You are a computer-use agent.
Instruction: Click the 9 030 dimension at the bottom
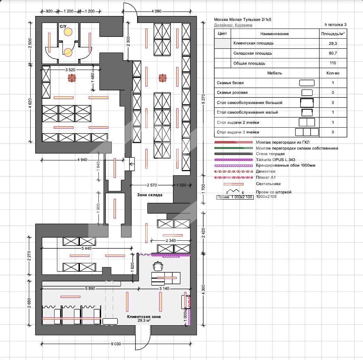[x=116, y=344]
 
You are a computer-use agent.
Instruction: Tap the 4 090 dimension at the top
[x=157, y=11]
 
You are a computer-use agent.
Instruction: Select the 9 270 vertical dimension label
[x=203, y=99]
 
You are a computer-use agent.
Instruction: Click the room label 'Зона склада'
[x=150, y=195]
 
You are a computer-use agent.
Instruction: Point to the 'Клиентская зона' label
[x=144, y=317]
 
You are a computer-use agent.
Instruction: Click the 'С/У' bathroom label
[x=63, y=26]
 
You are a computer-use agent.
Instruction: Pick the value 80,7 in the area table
[x=333, y=53]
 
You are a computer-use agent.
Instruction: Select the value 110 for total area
[x=333, y=63]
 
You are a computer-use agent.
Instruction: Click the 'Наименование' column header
[x=274, y=34]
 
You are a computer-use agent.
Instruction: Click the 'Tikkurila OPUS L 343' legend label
[x=275, y=160]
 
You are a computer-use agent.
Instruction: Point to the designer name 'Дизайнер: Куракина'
[x=233, y=25]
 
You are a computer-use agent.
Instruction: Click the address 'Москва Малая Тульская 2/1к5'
[x=242, y=20]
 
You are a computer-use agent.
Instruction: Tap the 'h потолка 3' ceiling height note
[x=336, y=25]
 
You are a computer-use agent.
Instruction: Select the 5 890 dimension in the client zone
[x=90, y=289]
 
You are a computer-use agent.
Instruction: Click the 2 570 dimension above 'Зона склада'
[x=152, y=185]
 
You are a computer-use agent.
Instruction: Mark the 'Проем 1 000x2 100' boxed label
[x=235, y=197]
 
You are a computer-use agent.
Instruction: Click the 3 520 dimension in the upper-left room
[x=71, y=70]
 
